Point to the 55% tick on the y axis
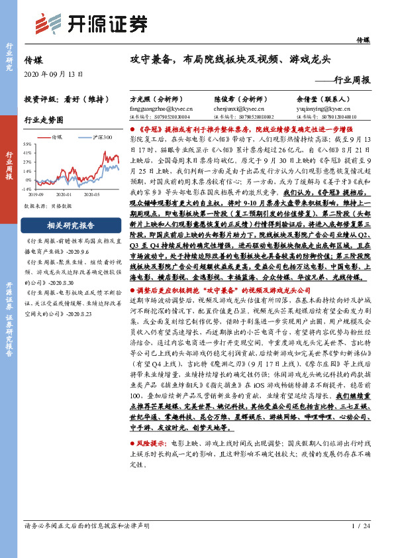[29, 143]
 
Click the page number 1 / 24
[361, 544]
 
